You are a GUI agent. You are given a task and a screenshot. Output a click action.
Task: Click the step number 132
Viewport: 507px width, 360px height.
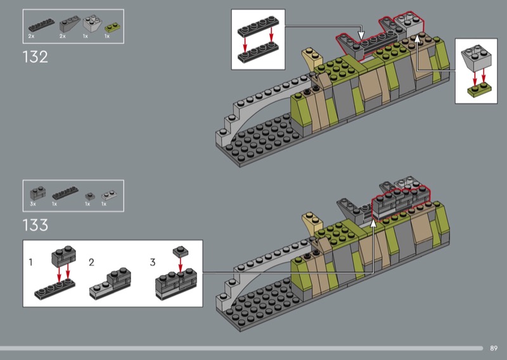pyautogui.click(x=35, y=56)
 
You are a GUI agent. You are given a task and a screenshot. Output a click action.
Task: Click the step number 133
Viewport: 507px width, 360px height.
pyautogui.click(x=35, y=225)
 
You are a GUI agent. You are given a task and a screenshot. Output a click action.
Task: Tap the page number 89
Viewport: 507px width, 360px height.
pyautogui.click(x=494, y=348)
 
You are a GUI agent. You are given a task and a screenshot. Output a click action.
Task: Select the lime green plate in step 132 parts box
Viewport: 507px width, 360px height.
pyautogui.click(x=113, y=27)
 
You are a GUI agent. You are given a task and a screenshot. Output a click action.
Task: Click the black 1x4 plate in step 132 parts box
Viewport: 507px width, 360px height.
pyautogui.click(x=41, y=25)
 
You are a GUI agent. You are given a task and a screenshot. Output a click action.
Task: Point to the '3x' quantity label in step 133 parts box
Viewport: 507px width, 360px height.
pyautogui.click(x=33, y=204)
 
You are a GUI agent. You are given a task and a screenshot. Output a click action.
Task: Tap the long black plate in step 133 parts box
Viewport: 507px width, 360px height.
pyautogui.click(x=65, y=193)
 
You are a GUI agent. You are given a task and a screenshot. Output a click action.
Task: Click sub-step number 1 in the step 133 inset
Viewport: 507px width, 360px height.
pyautogui.click(x=30, y=262)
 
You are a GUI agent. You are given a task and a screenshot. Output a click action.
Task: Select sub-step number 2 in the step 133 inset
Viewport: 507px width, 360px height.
pyautogui.click(x=91, y=262)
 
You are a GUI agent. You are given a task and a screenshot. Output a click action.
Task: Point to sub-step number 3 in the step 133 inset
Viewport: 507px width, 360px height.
pyautogui.click(x=153, y=262)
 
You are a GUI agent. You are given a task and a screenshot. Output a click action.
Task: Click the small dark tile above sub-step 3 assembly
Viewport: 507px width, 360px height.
pyautogui.click(x=180, y=251)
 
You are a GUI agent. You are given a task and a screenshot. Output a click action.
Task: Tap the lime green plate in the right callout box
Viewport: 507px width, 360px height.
pyautogui.click(x=480, y=89)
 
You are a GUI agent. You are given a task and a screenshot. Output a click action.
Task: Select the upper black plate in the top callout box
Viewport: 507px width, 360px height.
pyautogui.click(x=259, y=27)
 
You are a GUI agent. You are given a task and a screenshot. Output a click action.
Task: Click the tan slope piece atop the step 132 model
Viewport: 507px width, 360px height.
pyautogui.click(x=312, y=60)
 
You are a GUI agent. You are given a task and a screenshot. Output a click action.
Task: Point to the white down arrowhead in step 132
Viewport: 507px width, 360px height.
pyautogui.click(x=361, y=35)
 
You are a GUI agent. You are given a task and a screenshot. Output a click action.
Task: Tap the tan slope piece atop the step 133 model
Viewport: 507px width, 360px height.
pyautogui.click(x=312, y=222)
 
